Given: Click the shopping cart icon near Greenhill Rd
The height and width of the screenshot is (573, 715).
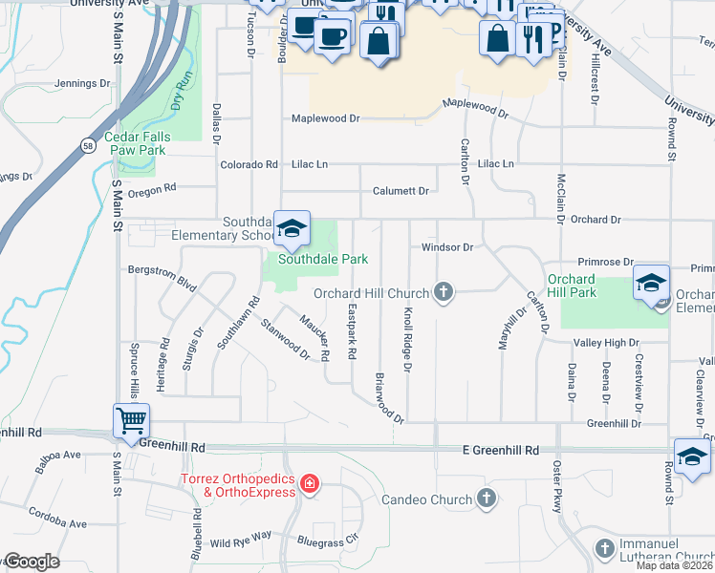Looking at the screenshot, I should [130, 419].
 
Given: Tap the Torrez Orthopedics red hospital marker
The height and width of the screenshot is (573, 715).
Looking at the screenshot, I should [308, 484].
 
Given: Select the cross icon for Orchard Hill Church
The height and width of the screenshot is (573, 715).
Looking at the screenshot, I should [442, 292].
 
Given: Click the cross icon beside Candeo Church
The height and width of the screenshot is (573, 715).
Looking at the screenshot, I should [487, 499].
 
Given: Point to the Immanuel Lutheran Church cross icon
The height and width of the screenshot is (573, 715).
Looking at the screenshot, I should [604, 548].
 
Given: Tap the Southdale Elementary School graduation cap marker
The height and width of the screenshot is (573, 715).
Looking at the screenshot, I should [292, 227].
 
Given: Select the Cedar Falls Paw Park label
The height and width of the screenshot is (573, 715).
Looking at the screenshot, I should [137, 143].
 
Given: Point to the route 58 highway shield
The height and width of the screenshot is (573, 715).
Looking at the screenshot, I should [88, 145].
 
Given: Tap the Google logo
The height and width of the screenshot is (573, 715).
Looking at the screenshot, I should [32, 562].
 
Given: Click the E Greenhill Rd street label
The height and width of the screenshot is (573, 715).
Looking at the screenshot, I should [501, 450].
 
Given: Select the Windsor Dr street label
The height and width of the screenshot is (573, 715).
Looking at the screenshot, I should [447, 247].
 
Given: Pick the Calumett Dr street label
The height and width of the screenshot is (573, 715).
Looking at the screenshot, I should [401, 191].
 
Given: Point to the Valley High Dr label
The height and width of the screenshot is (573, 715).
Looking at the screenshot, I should [605, 343].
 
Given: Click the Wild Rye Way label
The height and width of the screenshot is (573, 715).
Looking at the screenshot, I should [241, 542].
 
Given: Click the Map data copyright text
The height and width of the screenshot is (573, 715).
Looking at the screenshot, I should [675, 565].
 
